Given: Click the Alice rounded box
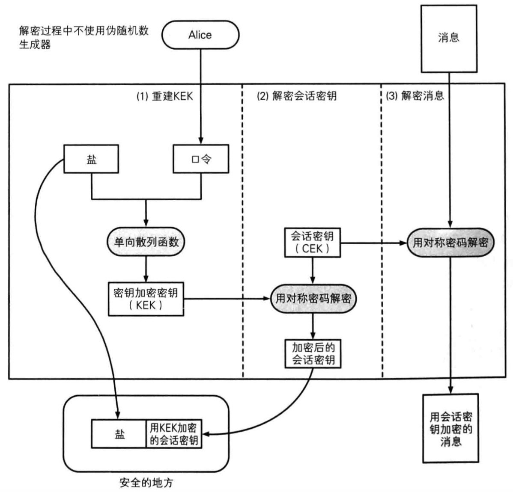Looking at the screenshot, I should pos(200,35).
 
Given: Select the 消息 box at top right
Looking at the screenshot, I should pos(449,39).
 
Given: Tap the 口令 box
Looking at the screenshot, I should pos(200,159).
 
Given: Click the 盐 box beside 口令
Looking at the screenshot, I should pos(91,159).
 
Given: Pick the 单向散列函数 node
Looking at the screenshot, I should pos(146,242).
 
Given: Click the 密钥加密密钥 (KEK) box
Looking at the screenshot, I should pos(146,299).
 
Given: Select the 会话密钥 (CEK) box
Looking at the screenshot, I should pos(313,242).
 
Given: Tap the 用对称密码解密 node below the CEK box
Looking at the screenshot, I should pos(313,298).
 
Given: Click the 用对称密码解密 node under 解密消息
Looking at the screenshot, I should pos(450,243).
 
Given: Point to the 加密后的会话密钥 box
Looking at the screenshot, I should pos(313,353).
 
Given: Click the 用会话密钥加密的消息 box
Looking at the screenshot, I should pos(450,428).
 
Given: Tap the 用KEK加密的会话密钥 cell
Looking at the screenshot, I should pos(173,434).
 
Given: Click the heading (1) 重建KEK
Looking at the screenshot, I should pos(165,96).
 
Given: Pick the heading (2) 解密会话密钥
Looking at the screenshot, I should pos(296,96).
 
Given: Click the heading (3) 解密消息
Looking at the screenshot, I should pos(415,96).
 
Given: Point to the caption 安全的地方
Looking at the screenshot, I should pos(146,483).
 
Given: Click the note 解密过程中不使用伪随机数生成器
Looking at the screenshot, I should pos(84,37).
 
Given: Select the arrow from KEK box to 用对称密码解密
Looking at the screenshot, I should pos(227,299).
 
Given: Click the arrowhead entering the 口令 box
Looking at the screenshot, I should pos(200,141).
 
